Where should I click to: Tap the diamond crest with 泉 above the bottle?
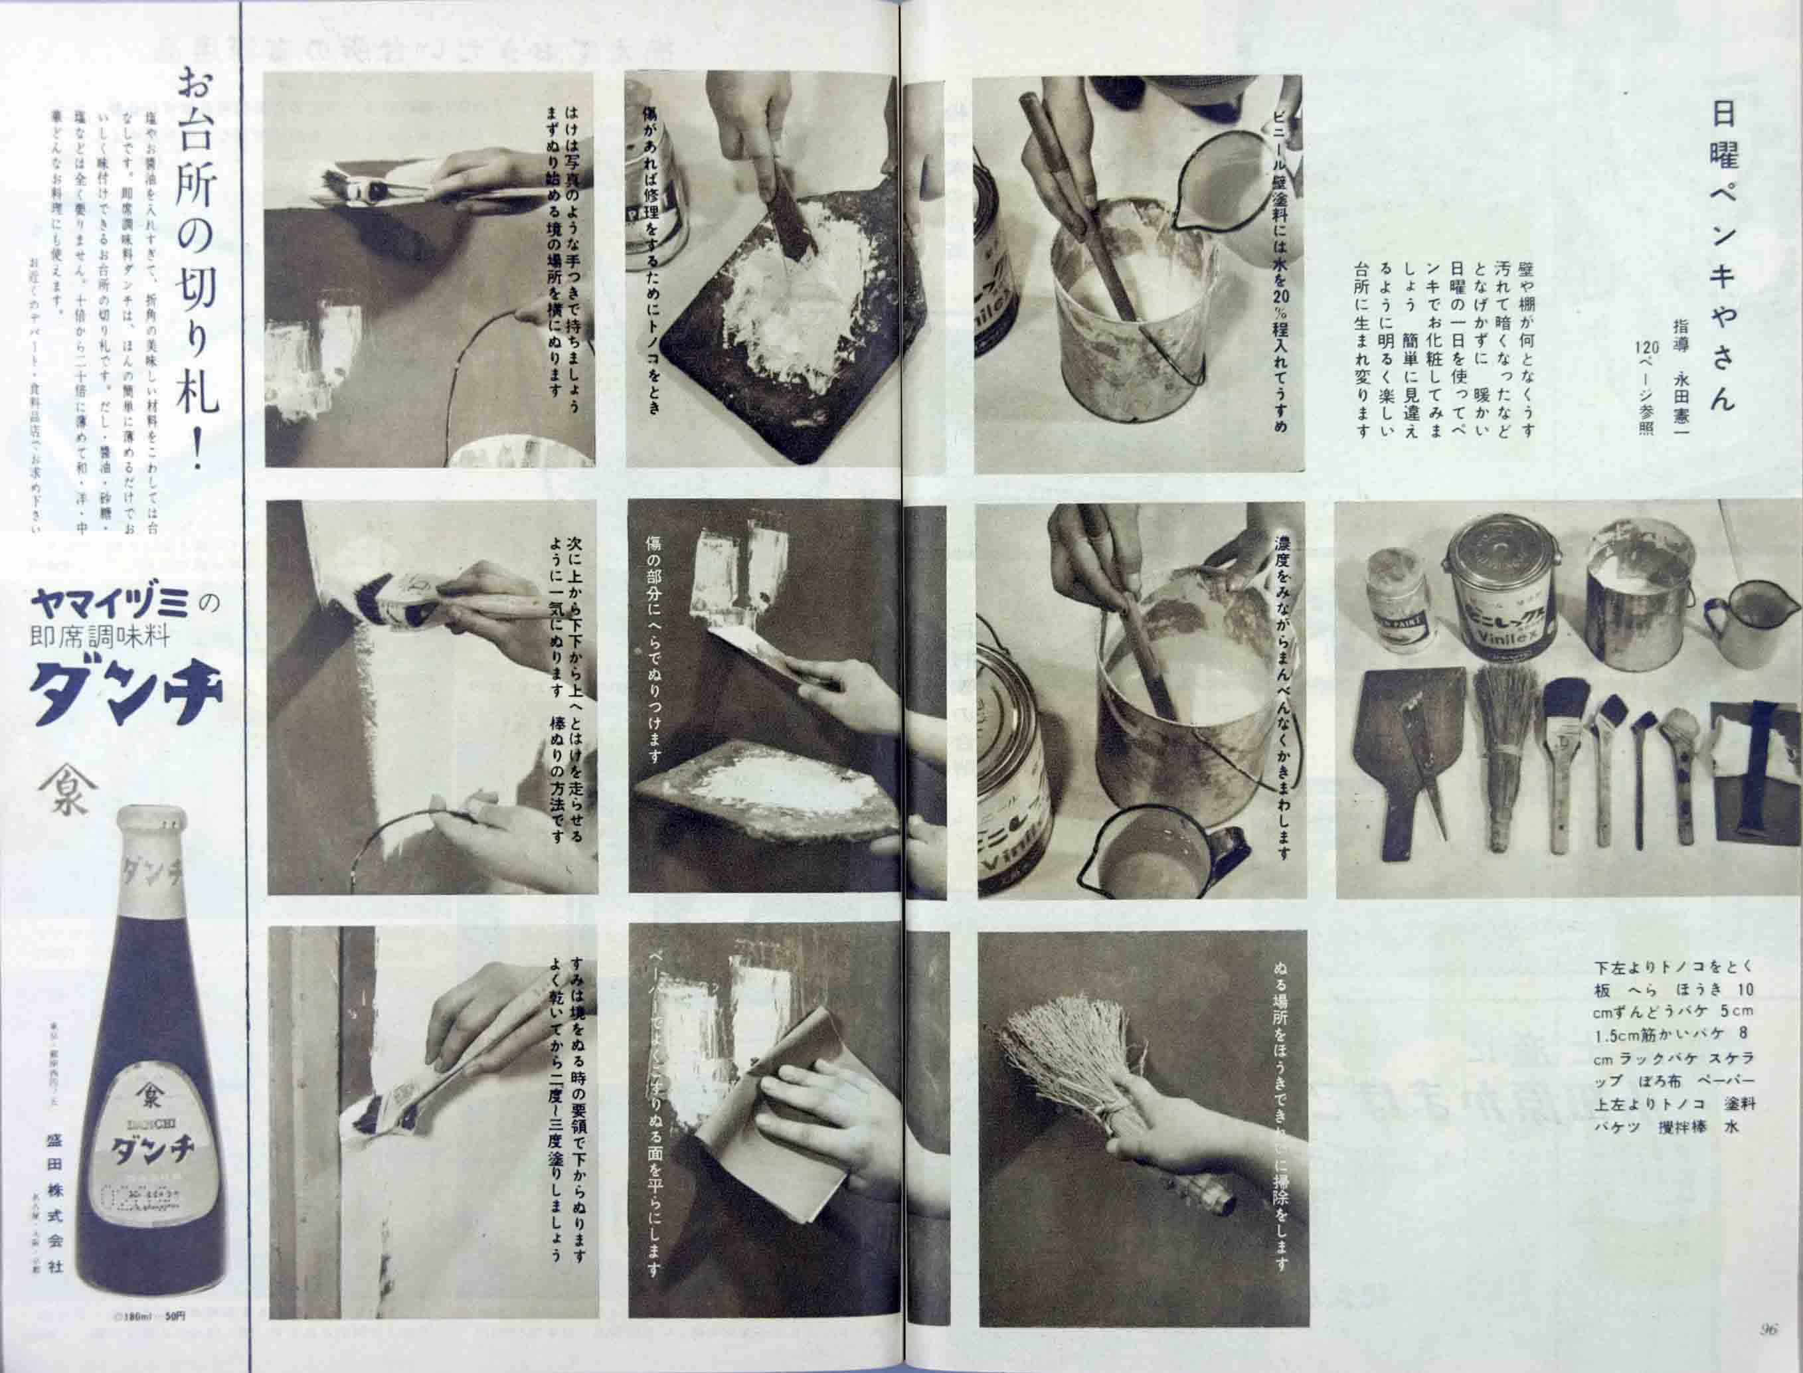[x=67, y=789]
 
